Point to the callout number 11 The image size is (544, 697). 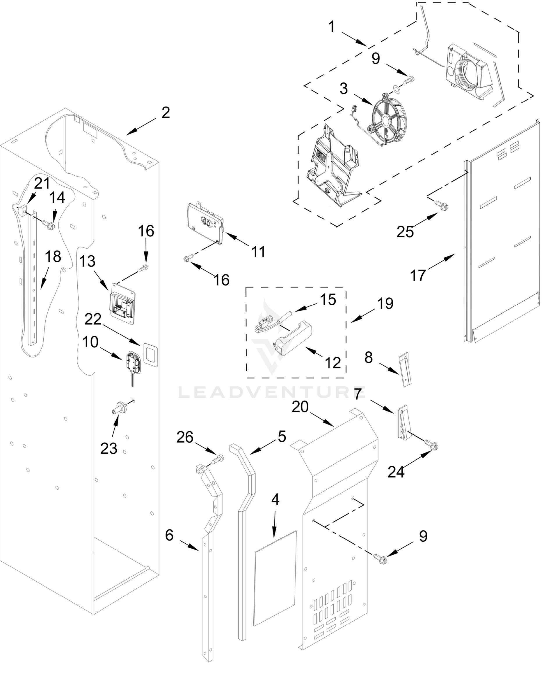(x=258, y=252)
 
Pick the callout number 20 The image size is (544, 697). (x=300, y=407)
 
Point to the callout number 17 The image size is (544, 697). (x=418, y=275)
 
